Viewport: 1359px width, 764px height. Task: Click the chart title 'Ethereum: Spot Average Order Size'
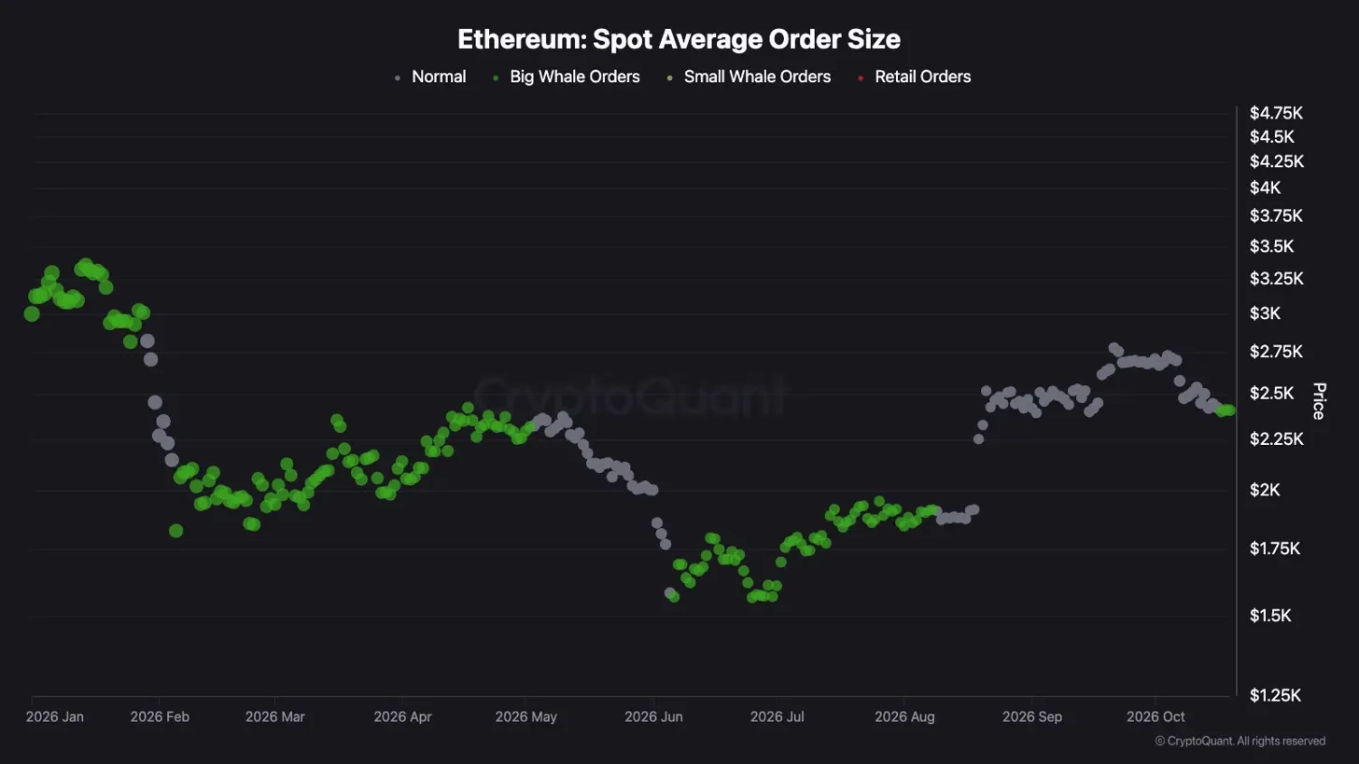679,39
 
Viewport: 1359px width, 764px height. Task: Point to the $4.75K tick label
1276,113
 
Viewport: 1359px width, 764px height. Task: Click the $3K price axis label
1265,313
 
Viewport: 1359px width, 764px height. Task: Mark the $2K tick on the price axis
1265,490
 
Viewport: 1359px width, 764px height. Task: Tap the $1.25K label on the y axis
1275,696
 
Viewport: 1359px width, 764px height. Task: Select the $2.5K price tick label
1271,394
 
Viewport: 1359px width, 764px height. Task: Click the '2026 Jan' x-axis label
54,716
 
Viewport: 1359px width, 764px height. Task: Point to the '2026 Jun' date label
653,716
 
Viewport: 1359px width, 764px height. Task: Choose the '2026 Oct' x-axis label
1156,716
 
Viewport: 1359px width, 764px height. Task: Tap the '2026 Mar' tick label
274,716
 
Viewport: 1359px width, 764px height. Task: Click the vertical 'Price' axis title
1319,401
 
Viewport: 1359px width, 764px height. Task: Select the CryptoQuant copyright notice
1240,741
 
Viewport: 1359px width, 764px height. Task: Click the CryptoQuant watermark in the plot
630,396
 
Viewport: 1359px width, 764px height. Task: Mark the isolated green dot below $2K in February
175,531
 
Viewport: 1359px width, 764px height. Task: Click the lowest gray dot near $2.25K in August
978,439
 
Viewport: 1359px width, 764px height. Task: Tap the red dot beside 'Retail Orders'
861,78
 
